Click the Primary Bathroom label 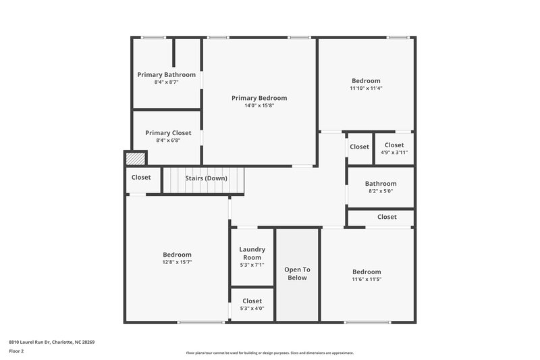pos(166,74)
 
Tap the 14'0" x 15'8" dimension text pos(259,105)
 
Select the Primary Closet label pos(168,133)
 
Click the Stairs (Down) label pos(207,178)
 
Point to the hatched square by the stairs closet pos(135,158)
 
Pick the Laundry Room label pos(252,253)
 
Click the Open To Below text pos(297,273)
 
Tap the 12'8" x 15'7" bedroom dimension pos(177,262)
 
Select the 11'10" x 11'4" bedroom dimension pos(366,88)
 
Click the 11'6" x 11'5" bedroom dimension pos(367,279)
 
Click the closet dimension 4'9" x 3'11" pos(394,152)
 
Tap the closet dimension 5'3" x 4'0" pos(252,308)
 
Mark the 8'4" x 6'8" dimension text pos(168,140)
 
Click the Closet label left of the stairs pos(141,178)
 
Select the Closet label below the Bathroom pos(387,217)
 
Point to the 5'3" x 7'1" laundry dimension pos(252,265)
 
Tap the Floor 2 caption pos(16,351)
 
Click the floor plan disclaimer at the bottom pos(270,353)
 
